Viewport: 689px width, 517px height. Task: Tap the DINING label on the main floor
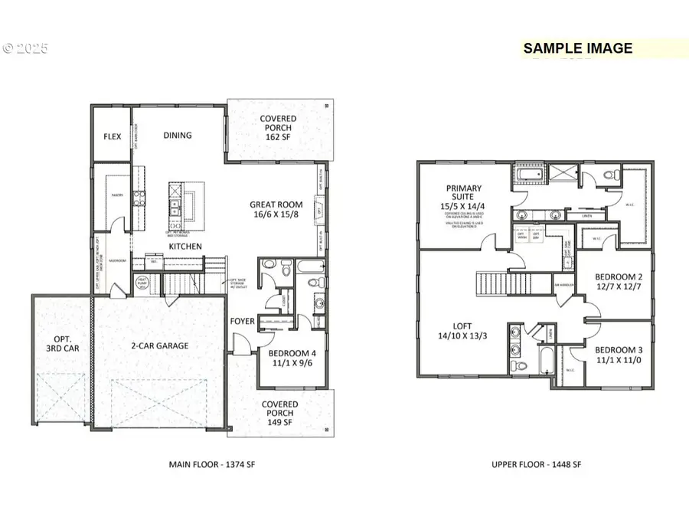(178, 136)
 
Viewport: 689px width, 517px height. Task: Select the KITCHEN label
(185, 247)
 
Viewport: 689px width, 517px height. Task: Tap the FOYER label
(243, 321)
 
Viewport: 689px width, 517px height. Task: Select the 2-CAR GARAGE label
(159, 345)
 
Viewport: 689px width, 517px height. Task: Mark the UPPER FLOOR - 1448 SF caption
(533, 465)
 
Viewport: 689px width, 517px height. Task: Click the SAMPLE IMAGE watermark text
(578, 48)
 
